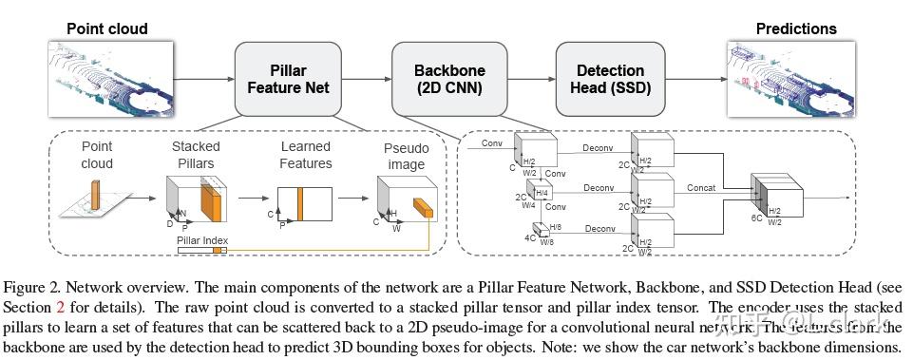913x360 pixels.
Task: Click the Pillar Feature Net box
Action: pyautogui.click(x=288, y=79)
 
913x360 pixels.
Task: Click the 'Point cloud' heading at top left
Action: pyautogui.click(x=106, y=28)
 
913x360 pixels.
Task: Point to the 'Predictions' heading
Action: pyautogui.click(x=796, y=28)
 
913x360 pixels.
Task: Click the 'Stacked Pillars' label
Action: pyautogui.click(x=196, y=155)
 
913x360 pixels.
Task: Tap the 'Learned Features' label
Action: pyautogui.click(x=306, y=155)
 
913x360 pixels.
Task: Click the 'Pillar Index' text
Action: pyautogui.click(x=201, y=241)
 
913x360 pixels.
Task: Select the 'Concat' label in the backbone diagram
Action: pyautogui.click(x=702, y=188)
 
